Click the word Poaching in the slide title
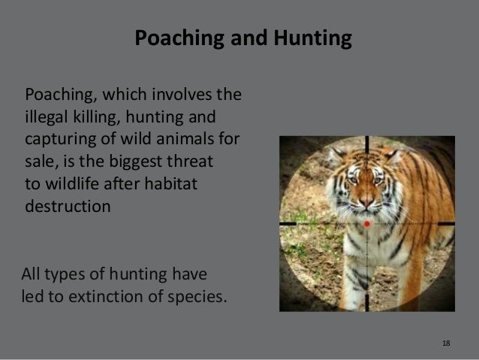[x=170, y=39]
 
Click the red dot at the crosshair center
[x=367, y=223]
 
